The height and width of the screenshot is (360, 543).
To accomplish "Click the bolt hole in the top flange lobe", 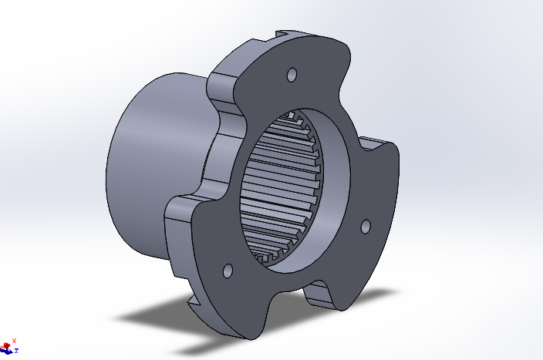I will click(292, 75).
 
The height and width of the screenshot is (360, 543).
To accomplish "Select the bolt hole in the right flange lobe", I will click(366, 226).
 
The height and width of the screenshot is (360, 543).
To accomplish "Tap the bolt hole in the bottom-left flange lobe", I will click(228, 271).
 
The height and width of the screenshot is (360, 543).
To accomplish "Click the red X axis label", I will click(14, 339).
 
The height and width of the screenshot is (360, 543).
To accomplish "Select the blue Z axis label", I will click(16, 350).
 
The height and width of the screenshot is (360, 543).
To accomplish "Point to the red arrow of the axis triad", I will click(8, 343).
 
